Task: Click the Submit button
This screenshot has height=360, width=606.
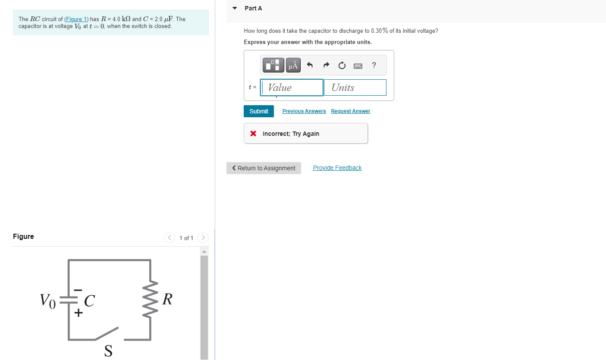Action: pyautogui.click(x=258, y=111)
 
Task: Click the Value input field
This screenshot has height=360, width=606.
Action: pyautogui.click(x=292, y=88)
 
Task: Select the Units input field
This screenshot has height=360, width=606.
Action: pyautogui.click(x=355, y=88)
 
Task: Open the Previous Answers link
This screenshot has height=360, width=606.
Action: pyautogui.click(x=304, y=111)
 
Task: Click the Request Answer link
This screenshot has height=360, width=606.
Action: pyautogui.click(x=350, y=111)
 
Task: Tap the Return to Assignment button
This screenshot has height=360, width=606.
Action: pyautogui.click(x=264, y=168)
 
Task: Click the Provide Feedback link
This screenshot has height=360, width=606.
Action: pyautogui.click(x=337, y=168)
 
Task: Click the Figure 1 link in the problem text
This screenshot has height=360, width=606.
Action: pyautogui.click(x=76, y=19)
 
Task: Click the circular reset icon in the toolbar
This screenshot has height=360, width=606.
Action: pyautogui.click(x=342, y=66)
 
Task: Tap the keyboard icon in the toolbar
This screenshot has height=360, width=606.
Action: pyautogui.click(x=358, y=66)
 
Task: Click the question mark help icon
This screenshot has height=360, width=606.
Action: pyautogui.click(x=374, y=66)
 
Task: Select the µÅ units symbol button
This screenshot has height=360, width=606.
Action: pyautogui.click(x=293, y=66)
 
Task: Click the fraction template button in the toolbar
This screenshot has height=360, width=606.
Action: pyautogui.click(x=273, y=66)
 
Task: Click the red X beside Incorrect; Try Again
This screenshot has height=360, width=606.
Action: pyautogui.click(x=254, y=134)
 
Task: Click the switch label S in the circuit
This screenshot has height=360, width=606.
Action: pyautogui.click(x=108, y=351)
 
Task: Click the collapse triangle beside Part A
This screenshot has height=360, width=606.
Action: pyautogui.click(x=235, y=8)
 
